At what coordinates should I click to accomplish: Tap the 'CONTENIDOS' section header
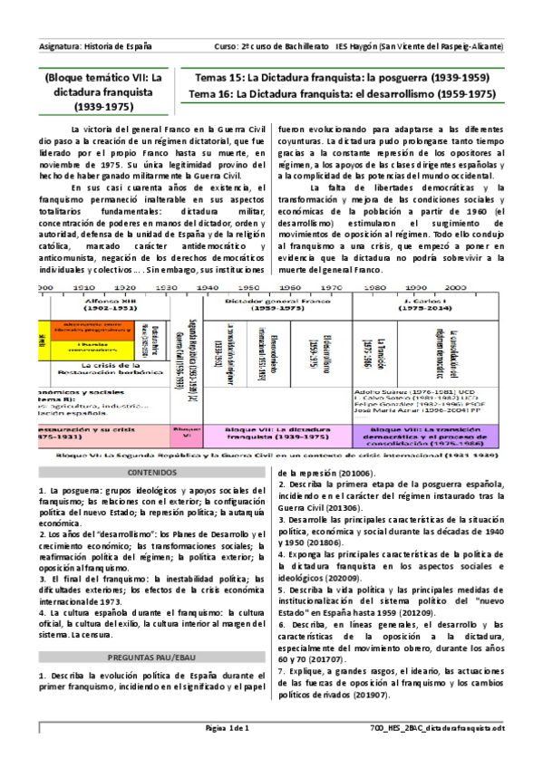tap(153, 473)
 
